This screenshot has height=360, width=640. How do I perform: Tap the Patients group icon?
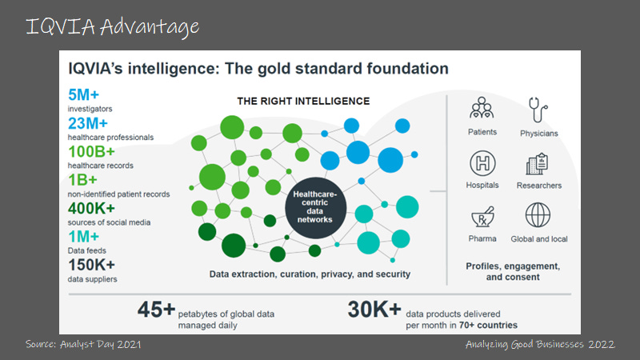(x=482, y=108)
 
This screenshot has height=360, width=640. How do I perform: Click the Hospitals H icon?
(x=482, y=162)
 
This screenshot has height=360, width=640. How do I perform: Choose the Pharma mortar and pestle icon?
(x=482, y=216)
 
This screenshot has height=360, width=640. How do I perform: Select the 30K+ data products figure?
(x=374, y=309)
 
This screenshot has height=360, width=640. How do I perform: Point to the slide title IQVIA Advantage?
(x=112, y=26)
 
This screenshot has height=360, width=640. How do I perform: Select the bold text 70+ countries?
(x=489, y=325)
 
